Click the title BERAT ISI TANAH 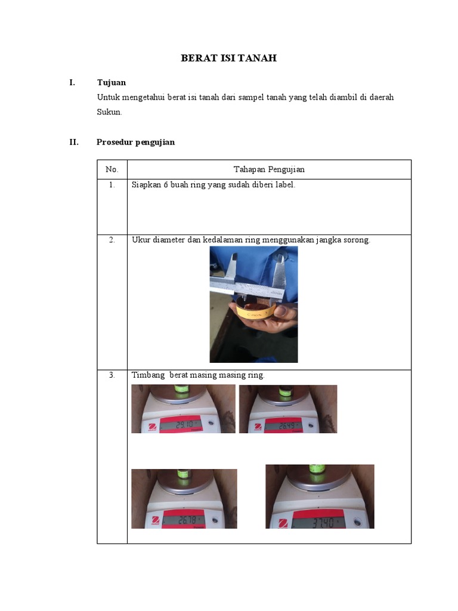point(228,58)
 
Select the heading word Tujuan point(112,82)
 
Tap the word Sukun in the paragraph point(109,112)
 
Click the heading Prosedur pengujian point(135,142)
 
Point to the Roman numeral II point(74,142)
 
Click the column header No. point(112,169)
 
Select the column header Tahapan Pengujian point(269,169)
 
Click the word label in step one point(285,185)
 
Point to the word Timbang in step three point(148,375)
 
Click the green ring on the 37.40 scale point(317,469)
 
